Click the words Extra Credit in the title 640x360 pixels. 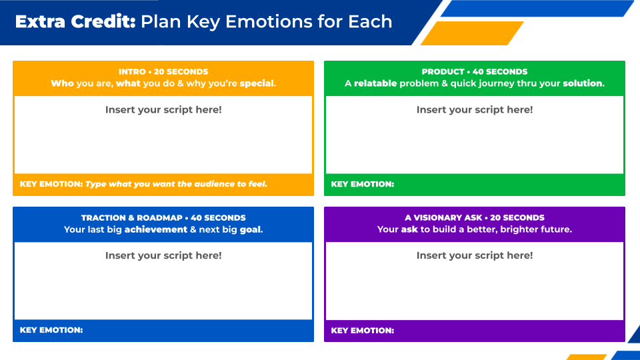pos(75,21)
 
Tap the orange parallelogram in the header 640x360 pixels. pos(472,33)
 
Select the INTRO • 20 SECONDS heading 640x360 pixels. pos(163,72)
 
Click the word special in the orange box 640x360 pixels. pos(257,84)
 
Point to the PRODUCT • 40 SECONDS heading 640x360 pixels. pos(474,72)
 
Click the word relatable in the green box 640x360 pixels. pos(375,83)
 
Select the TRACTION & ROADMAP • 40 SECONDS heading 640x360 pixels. pos(163,218)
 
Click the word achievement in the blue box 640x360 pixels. pos(155,229)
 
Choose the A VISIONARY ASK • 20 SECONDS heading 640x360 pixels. pos(474,218)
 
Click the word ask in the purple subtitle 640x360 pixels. pos(409,229)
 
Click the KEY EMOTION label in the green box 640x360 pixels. pos(363,184)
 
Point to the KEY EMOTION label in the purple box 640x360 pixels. pos(363,331)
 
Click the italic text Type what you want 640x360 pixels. pos(130,184)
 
